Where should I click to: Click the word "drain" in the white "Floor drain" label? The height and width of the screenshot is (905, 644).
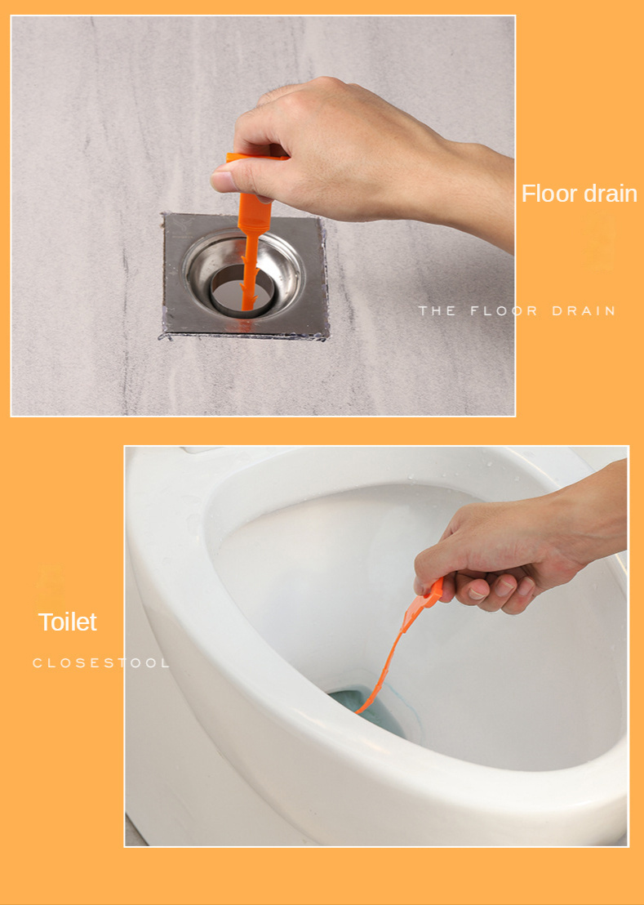609,194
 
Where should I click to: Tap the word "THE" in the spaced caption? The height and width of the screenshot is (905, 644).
437,311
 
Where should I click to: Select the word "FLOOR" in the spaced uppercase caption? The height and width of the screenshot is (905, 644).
504,311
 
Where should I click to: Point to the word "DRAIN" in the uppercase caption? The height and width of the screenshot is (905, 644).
583,311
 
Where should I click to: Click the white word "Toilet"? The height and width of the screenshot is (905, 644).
67,622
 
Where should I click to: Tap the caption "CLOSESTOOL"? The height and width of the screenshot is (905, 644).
100,662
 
